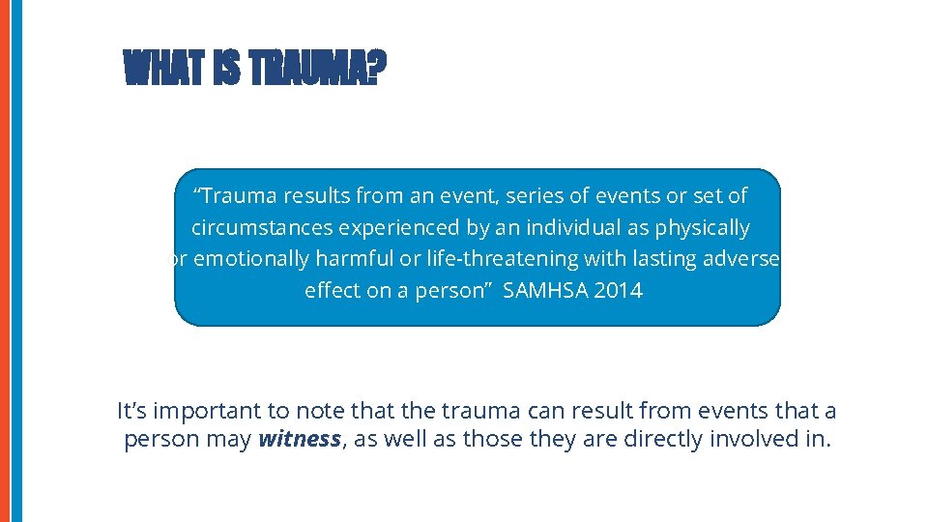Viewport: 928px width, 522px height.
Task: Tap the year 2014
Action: (x=618, y=291)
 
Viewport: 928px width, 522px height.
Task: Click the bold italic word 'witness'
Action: (x=299, y=439)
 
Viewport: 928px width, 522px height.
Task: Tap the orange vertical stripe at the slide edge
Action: (x=5, y=261)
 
